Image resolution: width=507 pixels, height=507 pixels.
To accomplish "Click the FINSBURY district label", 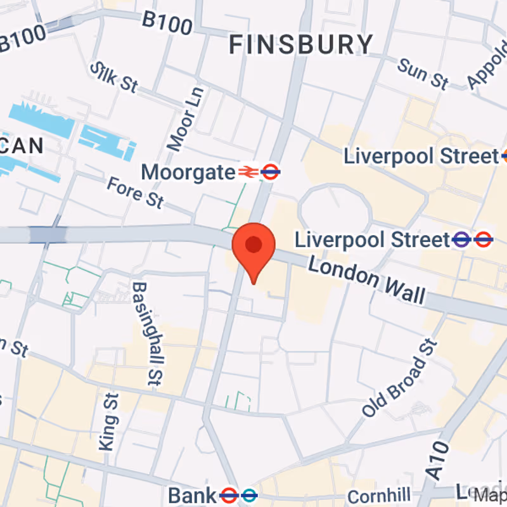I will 301,45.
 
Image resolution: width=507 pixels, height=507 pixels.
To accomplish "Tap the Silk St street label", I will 113,77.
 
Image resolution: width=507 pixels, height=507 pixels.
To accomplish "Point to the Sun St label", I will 423,73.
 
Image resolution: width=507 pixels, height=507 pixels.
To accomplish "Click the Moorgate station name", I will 188,172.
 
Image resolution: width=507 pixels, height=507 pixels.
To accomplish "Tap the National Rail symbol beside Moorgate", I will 247,172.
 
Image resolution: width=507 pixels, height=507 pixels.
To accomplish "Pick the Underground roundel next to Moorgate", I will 271,172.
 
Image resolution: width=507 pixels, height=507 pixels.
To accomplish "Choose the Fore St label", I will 134,192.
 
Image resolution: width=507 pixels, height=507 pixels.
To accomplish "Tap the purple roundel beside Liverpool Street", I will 461,240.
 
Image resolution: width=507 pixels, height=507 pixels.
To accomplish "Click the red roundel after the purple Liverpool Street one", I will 484,240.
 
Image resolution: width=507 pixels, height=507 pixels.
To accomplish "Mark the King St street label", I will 109,421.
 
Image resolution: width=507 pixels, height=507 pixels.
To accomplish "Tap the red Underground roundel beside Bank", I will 228,494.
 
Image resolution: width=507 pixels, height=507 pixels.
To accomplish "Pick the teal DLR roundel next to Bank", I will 249,494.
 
